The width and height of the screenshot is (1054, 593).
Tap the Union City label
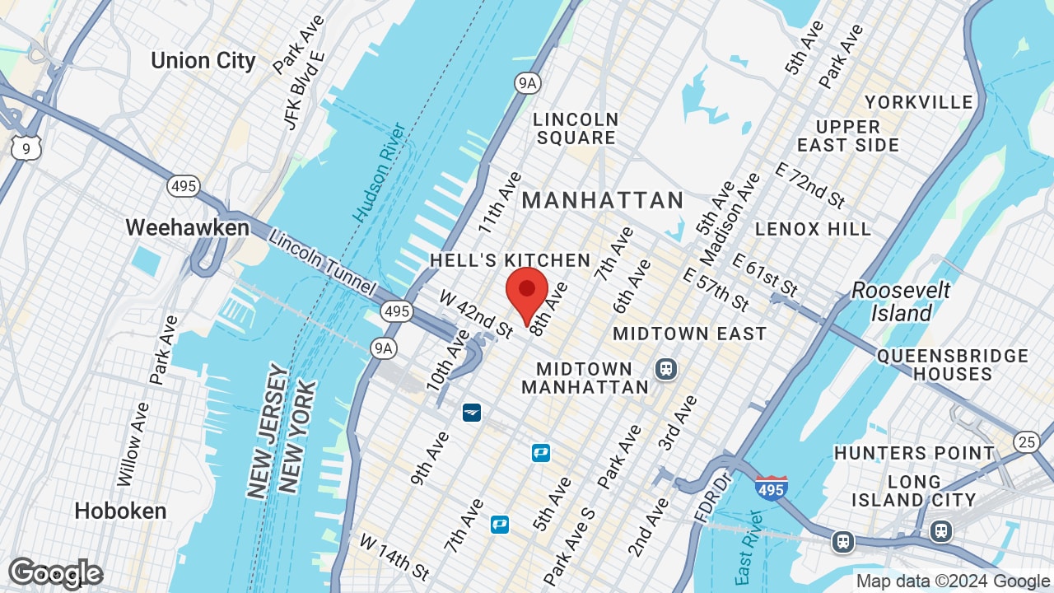203,61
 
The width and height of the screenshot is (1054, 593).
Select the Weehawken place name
187,228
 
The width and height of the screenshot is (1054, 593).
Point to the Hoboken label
120,511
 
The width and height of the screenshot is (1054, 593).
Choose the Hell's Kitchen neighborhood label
510,261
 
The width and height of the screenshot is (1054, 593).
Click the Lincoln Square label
575,128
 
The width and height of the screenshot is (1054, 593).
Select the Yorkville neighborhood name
918,102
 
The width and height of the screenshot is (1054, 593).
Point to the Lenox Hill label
813,229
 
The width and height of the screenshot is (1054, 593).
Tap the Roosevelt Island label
901,301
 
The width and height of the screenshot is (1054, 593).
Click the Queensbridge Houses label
952,365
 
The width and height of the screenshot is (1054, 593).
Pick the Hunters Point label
914,453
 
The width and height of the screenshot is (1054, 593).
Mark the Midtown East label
689,334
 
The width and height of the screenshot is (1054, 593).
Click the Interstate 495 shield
771,488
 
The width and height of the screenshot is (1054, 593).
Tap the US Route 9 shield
26,148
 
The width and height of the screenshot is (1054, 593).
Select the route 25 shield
1026,441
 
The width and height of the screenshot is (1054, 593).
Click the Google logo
55,573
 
